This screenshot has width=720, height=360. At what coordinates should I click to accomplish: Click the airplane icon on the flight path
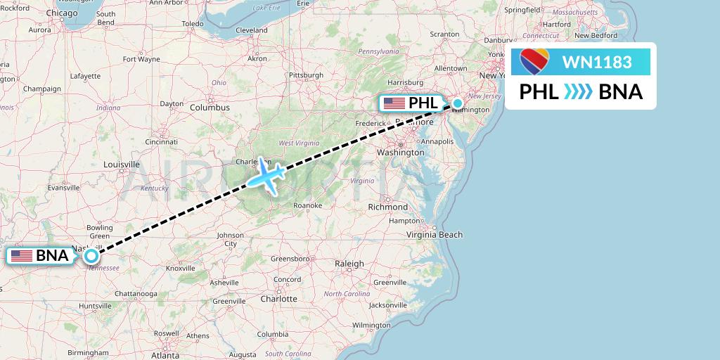(265, 174)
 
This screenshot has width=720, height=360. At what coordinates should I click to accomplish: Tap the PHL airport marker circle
(458, 103)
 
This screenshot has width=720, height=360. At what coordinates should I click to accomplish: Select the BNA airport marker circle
(91, 256)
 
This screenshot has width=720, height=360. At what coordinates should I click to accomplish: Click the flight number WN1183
(597, 62)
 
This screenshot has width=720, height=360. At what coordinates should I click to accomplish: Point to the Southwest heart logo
(534, 62)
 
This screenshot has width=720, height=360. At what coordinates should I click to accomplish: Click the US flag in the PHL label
(394, 103)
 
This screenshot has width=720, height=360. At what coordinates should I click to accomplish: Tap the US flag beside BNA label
(22, 256)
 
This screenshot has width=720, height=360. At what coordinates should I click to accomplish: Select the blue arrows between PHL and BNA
(578, 92)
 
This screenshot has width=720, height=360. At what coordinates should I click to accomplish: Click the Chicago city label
(63, 13)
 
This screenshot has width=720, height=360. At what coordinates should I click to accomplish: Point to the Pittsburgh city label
(306, 75)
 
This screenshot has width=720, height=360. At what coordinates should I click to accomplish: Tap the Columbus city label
(210, 108)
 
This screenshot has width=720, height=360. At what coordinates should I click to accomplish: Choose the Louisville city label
(122, 165)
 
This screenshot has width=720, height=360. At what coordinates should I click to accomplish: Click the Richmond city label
(387, 207)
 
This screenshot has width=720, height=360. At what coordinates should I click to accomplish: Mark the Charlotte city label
(278, 298)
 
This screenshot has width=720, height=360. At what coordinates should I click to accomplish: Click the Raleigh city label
(349, 264)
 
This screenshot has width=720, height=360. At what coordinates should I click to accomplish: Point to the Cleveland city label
(252, 30)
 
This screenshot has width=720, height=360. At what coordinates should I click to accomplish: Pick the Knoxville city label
(180, 268)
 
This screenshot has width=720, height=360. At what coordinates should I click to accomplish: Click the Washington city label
(400, 152)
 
